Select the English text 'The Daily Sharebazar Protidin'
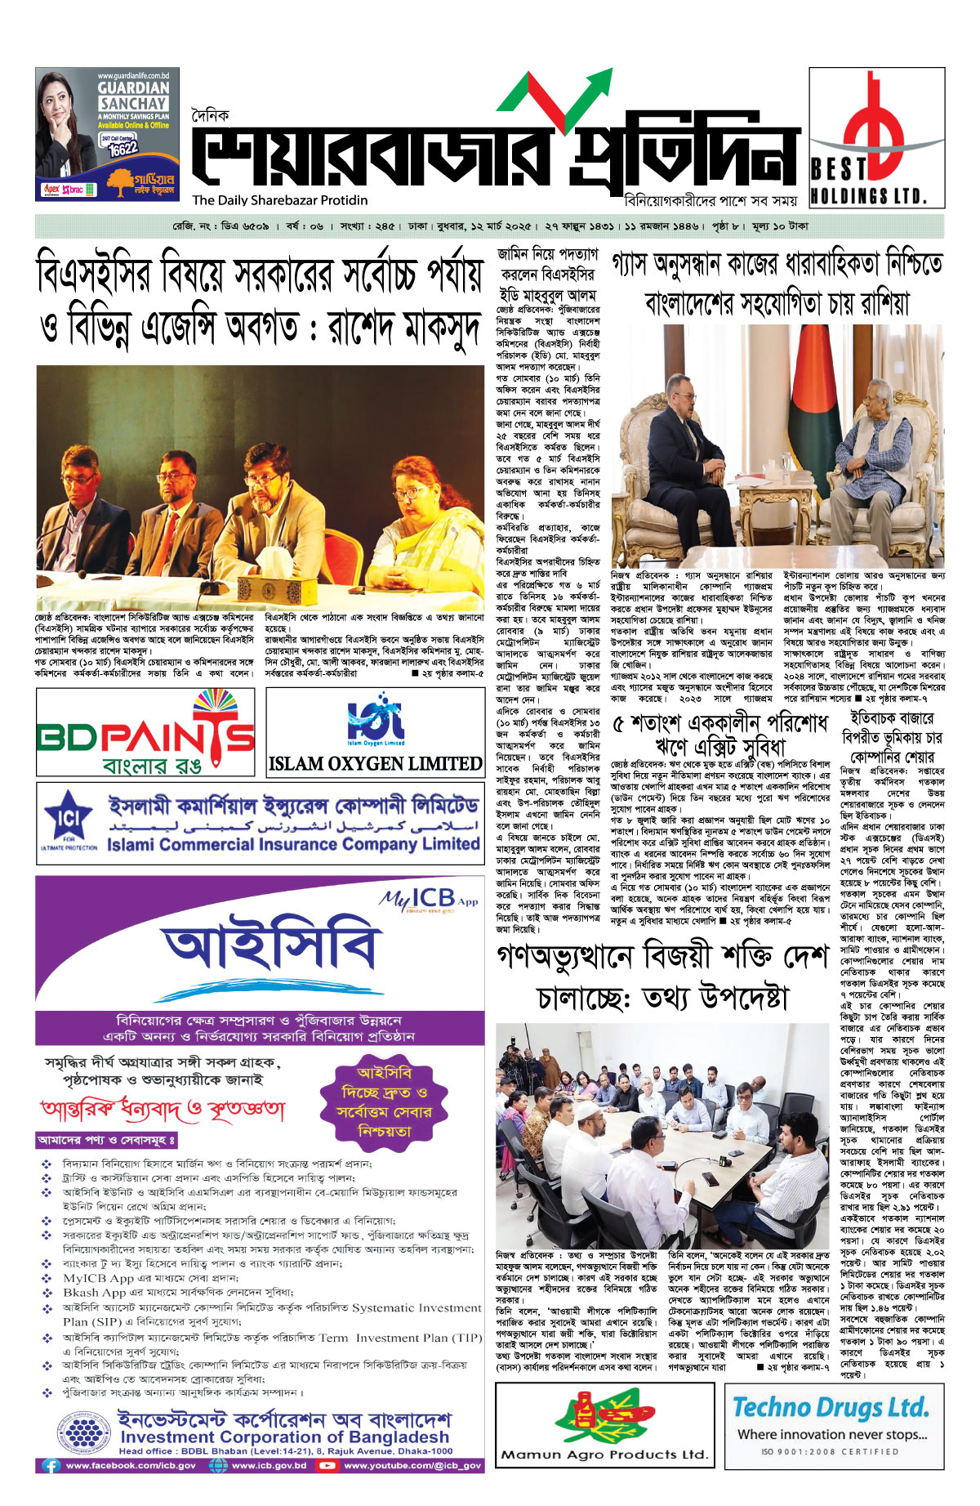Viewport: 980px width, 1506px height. tap(280, 200)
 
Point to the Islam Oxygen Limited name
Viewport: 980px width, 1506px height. tap(375, 763)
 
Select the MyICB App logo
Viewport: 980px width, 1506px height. tap(428, 899)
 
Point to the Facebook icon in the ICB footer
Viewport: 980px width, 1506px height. tap(51, 1465)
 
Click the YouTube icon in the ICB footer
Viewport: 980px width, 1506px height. tap(327, 1465)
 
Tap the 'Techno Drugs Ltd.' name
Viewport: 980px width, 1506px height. tap(831, 1407)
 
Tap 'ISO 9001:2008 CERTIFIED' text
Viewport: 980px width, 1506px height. tap(830, 1451)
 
